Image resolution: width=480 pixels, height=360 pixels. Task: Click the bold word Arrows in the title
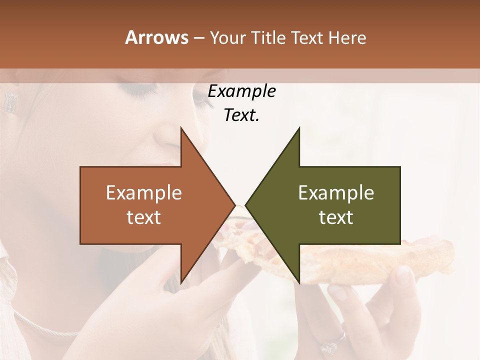click(x=157, y=37)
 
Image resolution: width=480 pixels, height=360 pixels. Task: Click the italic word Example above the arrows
click(x=241, y=91)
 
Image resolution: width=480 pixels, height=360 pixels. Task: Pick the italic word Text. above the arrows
click(x=241, y=115)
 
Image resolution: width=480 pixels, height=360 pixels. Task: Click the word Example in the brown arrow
click(x=144, y=192)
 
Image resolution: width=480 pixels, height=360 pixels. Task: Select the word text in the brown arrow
click(x=144, y=217)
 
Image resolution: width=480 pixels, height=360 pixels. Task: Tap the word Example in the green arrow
click(x=336, y=192)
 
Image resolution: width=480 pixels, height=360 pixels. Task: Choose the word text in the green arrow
click(x=336, y=217)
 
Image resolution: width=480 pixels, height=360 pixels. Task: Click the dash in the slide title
click(x=198, y=38)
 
